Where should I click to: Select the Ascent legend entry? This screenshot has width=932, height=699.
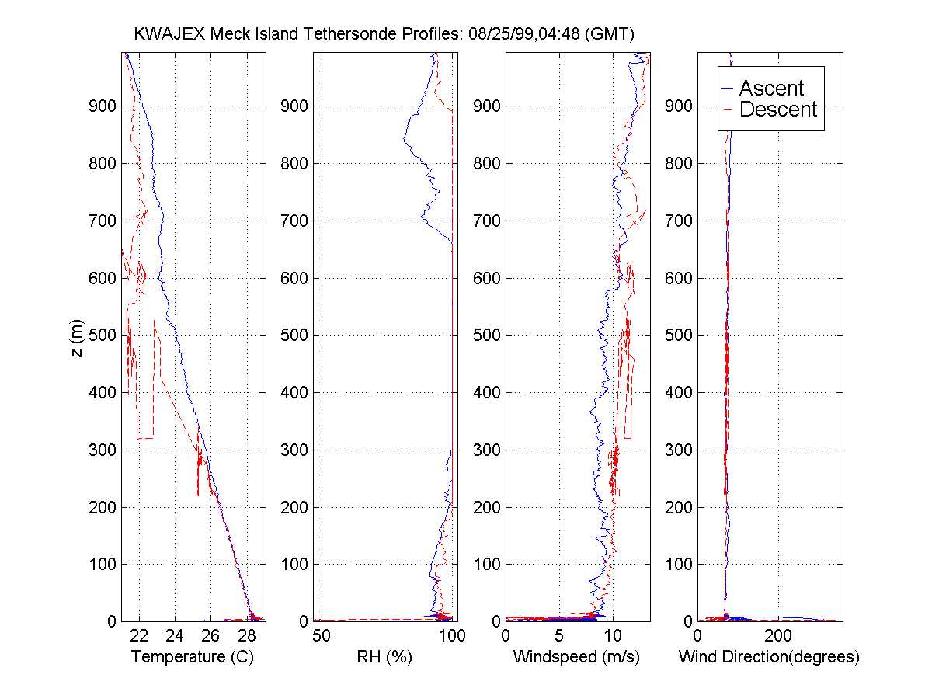(771, 88)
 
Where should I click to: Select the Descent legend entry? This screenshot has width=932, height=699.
(778, 110)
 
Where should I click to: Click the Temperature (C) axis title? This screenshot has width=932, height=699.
(193, 657)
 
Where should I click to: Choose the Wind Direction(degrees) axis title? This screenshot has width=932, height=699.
(769, 657)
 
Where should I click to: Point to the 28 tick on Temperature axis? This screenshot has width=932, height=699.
(247, 636)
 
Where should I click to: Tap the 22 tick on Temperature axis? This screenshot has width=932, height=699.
(140, 636)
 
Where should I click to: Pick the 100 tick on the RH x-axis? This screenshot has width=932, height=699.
(452, 636)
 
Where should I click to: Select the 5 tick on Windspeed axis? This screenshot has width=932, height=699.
(559, 636)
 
